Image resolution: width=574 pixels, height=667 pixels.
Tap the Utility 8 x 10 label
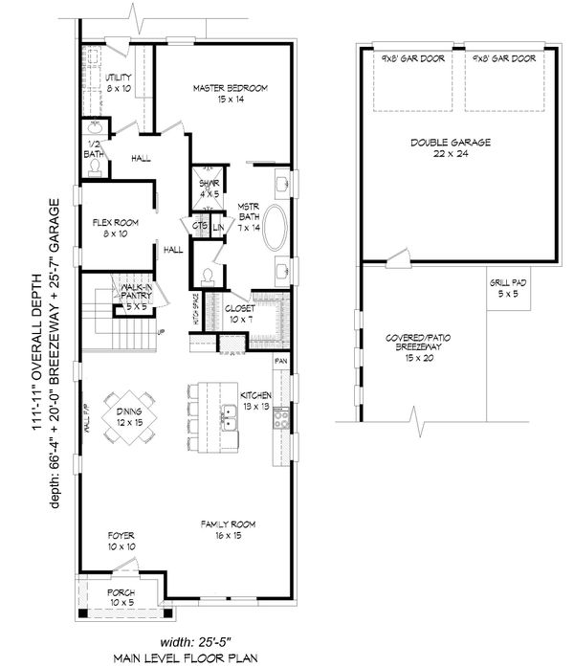coord(119,82)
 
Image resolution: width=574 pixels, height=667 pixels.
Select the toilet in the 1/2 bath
coord(96,165)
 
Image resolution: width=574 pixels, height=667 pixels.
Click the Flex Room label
coord(117,228)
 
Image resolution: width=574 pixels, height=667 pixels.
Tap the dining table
coord(132,414)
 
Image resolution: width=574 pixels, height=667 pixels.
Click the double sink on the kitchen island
coord(231,415)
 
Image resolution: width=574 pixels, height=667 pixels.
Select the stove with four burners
coord(282,416)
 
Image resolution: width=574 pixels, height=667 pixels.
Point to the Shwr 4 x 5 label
coord(210,188)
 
